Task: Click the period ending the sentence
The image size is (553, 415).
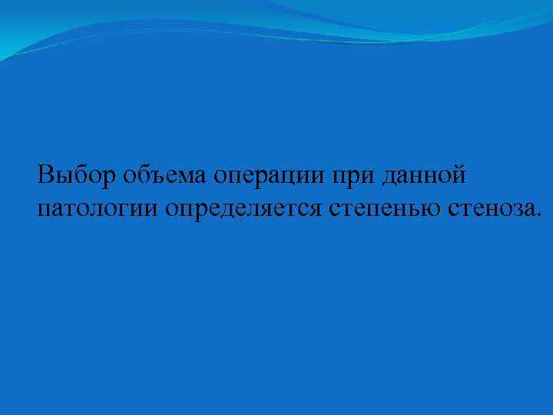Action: pos(538,214)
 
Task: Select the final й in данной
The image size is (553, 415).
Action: pos(459,175)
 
